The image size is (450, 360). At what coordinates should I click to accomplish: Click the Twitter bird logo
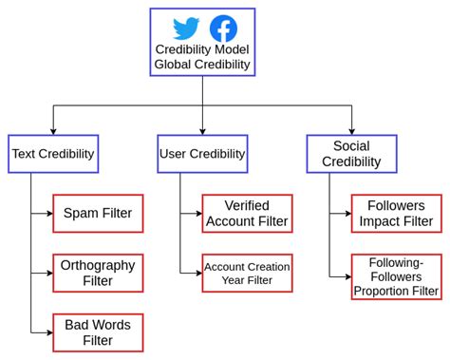coord(186,28)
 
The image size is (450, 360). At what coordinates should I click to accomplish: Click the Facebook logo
coord(222,28)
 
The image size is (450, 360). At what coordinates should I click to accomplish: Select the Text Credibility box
coord(53,153)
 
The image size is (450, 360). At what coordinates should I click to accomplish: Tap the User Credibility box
coord(202,153)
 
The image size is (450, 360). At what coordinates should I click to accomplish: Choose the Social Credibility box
coord(351,153)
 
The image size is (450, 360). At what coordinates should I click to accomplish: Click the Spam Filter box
coord(98,213)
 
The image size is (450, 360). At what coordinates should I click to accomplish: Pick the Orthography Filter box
coord(98,273)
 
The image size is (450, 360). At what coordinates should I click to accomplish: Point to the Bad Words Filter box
coord(98,332)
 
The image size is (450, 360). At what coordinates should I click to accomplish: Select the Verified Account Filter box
coord(247,213)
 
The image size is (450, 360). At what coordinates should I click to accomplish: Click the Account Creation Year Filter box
coord(247,273)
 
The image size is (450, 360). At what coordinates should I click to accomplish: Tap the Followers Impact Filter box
coord(396,213)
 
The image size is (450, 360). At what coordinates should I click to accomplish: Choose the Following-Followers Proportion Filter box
coord(396,276)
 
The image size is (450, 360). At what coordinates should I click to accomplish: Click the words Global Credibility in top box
coord(202,65)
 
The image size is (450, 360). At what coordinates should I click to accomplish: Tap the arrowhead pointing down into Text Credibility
coord(53,131)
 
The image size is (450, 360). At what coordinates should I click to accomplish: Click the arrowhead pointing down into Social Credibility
coord(351,131)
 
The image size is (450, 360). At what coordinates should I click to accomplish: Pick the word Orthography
coord(98,264)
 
